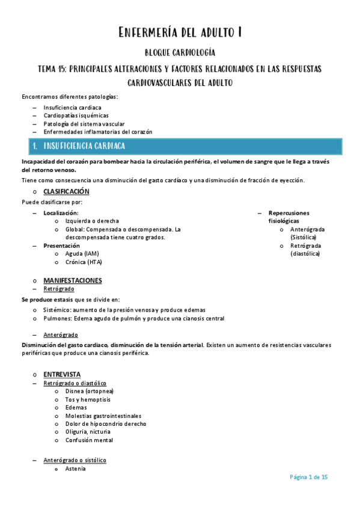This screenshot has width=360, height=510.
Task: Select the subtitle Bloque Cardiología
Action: (x=180, y=53)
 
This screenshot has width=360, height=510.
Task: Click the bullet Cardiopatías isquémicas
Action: (x=76, y=115)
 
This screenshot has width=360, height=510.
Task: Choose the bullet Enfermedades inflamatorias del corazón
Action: (x=98, y=132)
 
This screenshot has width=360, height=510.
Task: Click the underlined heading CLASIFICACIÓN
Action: (x=66, y=192)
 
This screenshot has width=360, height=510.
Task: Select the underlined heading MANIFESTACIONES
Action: (x=72, y=280)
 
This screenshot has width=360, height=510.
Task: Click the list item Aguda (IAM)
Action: (x=82, y=254)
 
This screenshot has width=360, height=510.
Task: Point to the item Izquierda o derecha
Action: (x=92, y=221)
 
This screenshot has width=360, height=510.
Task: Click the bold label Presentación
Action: (x=61, y=245)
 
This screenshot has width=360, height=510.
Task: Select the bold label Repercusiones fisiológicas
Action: (x=289, y=217)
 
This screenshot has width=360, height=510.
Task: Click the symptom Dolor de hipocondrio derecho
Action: (x=106, y=423)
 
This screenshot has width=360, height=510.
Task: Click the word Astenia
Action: (x=75, y=469)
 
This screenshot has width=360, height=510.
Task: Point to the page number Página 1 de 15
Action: (x=308, y=478)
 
